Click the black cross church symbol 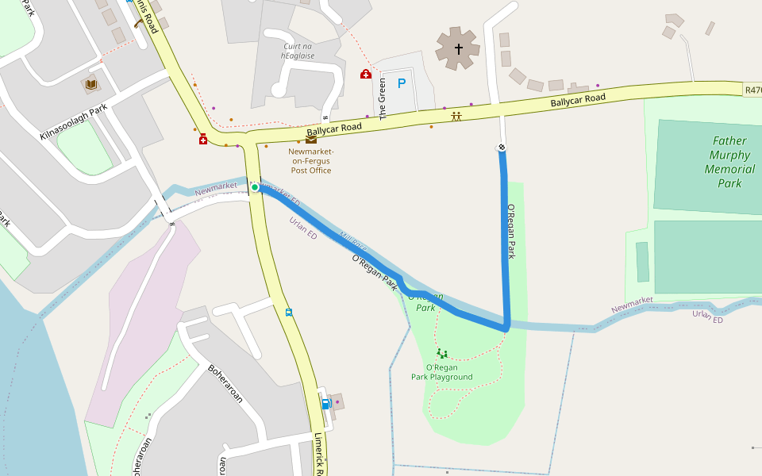[x=458, y=49]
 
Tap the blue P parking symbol [x=401, y=83]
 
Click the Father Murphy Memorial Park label [x=729, y=162]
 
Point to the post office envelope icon [x=311, y=140]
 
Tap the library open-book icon [x=90, y=84]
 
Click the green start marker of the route [x=256, y=187]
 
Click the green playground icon [x=441, y=353]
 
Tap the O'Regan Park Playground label [x=441, y=372]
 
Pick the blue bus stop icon [x=288, y=313]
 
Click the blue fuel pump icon [x=325, y=404]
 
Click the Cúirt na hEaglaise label [x=298, y=51]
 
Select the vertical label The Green [x=383, y=98]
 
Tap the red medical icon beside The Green [x=366, y=75]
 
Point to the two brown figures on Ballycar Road [x=456, y=116]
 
